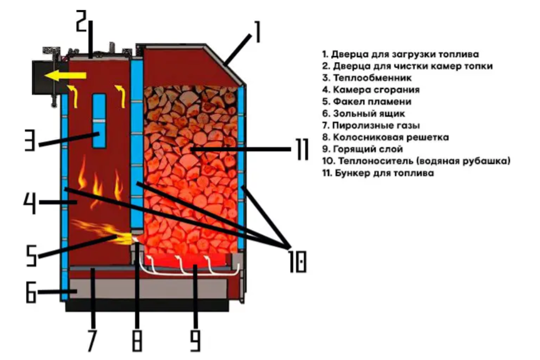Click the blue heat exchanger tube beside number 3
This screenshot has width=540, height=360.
click(x=99, y=120)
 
